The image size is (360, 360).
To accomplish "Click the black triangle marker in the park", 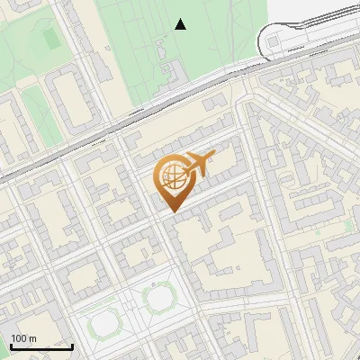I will (181, 24).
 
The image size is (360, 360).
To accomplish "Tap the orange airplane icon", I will (199, 163).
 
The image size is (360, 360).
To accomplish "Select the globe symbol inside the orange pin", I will (171, 179).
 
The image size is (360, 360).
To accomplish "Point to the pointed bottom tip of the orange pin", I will (171, 211).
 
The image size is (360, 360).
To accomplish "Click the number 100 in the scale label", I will (18, 338).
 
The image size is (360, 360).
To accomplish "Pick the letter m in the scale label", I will (32, 338).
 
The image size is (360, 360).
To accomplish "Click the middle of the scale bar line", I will (41, 346).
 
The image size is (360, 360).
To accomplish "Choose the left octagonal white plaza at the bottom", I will (104, 319).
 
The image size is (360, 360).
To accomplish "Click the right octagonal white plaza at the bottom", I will (161, 297).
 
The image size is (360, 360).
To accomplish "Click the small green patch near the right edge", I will (347, 224).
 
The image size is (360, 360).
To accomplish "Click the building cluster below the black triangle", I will (168, 76).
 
